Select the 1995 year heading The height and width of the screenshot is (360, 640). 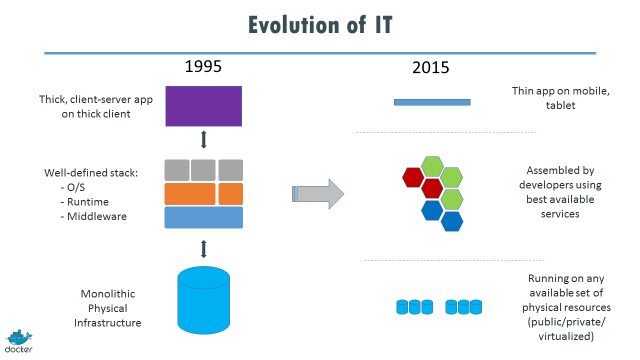[203, 68]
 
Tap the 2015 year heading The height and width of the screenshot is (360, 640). [431, 68]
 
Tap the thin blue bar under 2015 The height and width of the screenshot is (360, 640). [432, 102]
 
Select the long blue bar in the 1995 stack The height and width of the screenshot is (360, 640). [203, 217]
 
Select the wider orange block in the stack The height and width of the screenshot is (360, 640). [190, 192]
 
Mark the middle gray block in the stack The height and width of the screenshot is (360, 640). [204, 169]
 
